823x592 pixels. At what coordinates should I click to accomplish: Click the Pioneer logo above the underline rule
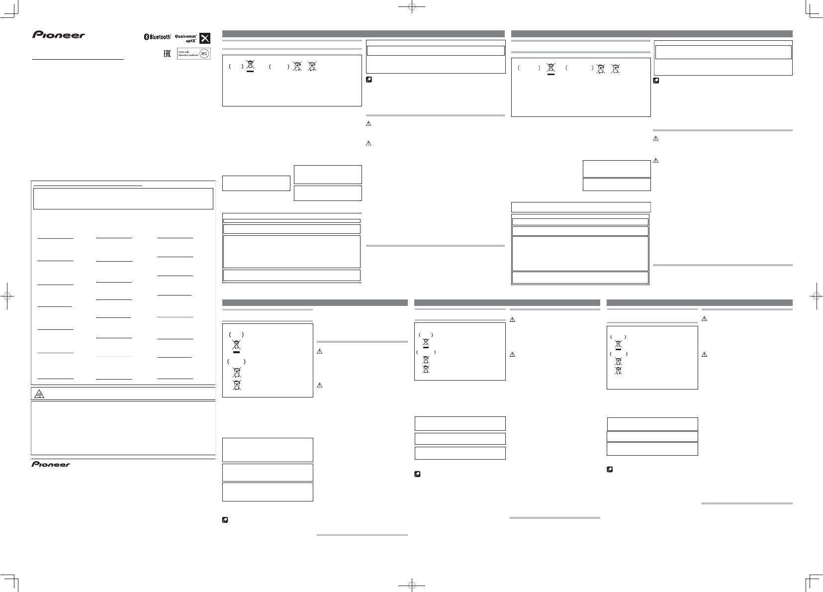pos(59,35)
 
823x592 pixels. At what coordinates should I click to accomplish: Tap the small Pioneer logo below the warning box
pos(51,464)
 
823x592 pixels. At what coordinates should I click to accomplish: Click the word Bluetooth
pos(160,37)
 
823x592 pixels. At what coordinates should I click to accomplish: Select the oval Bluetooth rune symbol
pos(146,37)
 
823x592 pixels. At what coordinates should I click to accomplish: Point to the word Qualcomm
pos(186,35)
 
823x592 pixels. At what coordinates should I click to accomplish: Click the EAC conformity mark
pos(168,53)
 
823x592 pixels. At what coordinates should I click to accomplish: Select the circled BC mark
pos(203,53)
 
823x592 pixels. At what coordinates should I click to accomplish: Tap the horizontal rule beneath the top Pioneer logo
pos(78,59)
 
